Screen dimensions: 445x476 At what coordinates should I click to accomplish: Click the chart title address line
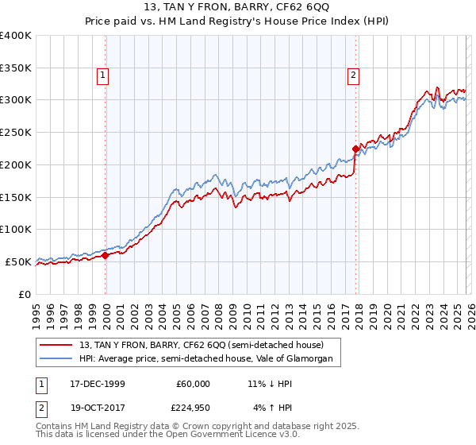point(237,9)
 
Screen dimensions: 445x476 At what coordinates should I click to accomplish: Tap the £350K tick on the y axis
point(16,68)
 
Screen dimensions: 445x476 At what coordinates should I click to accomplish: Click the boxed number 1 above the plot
point(103,76)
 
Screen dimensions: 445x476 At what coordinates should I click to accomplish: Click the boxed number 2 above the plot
point(352,76)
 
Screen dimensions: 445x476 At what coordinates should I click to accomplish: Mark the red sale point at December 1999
point(106,255)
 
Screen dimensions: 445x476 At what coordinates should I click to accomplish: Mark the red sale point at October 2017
point(355,148)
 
